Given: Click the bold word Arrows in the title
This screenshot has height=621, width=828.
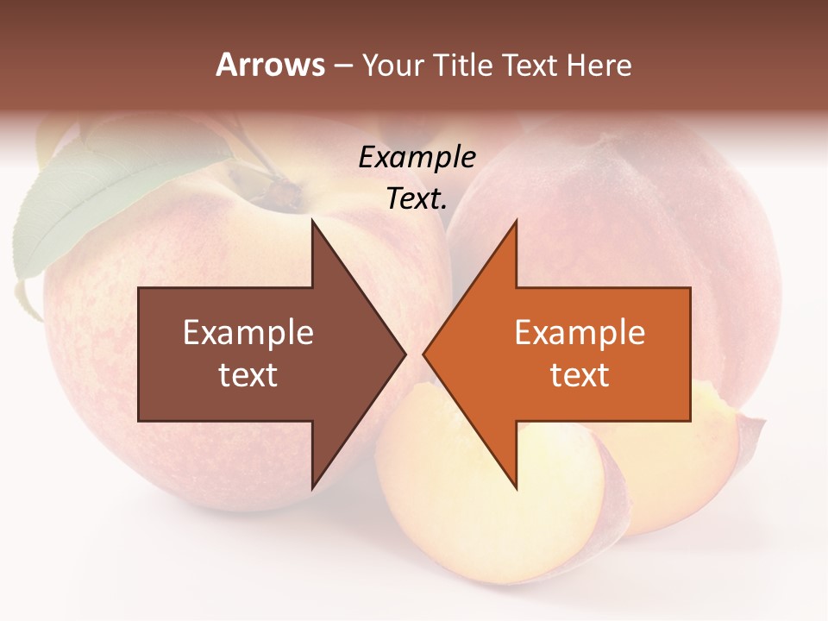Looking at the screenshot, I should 270,65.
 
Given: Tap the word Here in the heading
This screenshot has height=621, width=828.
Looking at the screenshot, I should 599,65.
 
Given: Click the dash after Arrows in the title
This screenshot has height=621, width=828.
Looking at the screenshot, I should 342,66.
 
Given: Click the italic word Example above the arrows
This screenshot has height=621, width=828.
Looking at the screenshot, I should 417,158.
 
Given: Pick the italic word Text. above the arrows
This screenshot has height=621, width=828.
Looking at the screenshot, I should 417,198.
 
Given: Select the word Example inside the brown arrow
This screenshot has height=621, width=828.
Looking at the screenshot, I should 248,333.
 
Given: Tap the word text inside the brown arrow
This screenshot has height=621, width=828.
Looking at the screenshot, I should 248,375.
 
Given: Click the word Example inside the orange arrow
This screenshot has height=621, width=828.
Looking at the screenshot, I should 580,333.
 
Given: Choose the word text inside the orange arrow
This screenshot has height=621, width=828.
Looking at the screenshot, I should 580,375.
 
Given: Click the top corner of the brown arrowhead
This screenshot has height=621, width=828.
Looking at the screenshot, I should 313,222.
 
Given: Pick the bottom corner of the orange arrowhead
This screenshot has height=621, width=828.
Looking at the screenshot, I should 516,487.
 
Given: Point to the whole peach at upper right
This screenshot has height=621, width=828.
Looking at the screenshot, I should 655,216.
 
